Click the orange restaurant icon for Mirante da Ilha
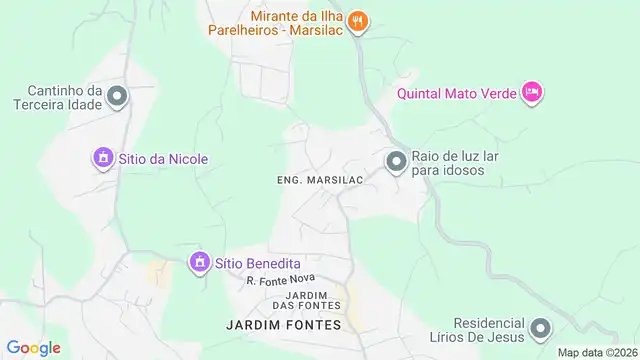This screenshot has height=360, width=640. pos(361,21)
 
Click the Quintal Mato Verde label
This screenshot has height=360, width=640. pos(456,94)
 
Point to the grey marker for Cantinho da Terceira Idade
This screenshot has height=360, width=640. pos(117,96)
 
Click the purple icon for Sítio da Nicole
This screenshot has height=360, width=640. pos(101,158)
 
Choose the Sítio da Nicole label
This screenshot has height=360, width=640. pos(163,158)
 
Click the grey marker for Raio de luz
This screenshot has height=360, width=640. pos(396,162)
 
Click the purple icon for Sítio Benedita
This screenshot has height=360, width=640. pos(199,262)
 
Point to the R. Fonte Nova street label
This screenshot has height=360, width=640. pos(281,281)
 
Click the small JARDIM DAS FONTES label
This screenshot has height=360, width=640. pos(314,300)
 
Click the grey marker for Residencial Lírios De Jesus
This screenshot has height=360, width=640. pos(541,329)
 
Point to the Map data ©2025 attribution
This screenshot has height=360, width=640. pos(597,352)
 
